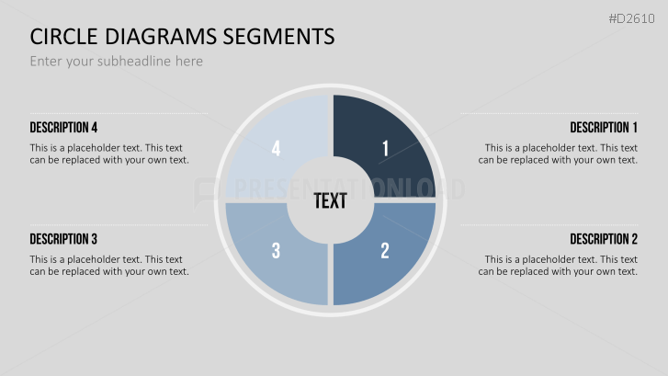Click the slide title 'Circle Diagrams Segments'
[x=182, y=37]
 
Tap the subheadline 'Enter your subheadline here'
[x=116, y=62]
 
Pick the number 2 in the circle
[x=385, y=249]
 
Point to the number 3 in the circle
[x=276, y=249]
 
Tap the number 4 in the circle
[x=276, y=148]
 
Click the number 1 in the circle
[x=385, y=148]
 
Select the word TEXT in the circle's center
[x=330, y=200]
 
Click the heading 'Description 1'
[x=603, y=127]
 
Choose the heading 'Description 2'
[x=603, y=239]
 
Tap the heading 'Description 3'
[x=63, y=239]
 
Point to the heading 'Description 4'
[x=63, y=127]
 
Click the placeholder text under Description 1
[x=560, y=154]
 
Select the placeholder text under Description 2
[x=560, y=265]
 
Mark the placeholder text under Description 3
[x=108, y=265]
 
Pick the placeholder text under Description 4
[x=108, y=154]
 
